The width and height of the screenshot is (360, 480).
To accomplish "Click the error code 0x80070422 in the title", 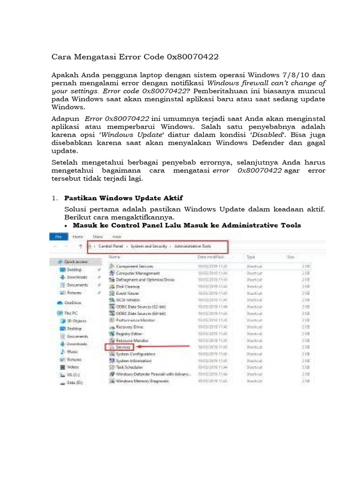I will coord(193,57).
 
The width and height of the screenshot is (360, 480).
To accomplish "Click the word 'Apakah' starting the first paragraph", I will coord(65,75).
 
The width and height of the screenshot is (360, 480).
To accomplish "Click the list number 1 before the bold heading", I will coord(54,198).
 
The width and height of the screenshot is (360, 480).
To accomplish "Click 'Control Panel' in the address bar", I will coord(111,246).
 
